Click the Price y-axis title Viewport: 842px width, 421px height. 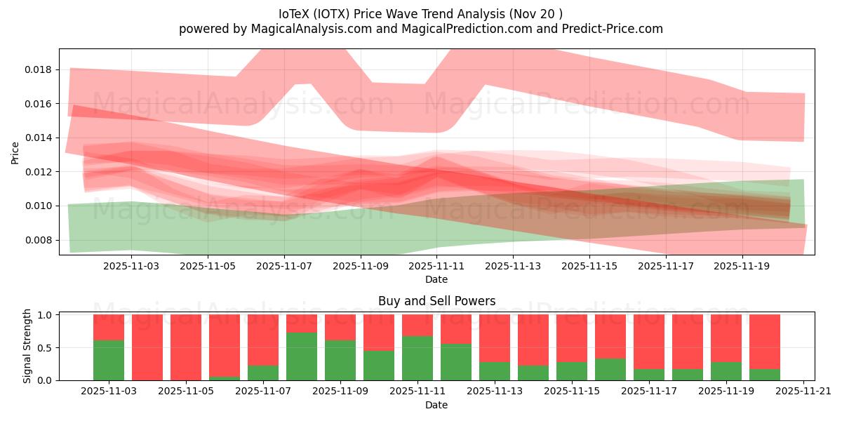coord(15,152)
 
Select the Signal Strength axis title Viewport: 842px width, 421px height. coord(27,346)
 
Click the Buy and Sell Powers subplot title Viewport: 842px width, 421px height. coord(436,301)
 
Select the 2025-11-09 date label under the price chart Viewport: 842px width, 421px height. coord(361,266)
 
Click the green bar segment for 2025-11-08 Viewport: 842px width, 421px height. coord(302,356)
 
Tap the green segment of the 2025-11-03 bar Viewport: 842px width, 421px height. coord(109,360)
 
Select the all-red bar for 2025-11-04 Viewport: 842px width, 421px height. coord(147,347)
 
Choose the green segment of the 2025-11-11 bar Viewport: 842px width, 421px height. coord(417,358)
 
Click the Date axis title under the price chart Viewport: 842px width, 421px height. coord(436,279)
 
